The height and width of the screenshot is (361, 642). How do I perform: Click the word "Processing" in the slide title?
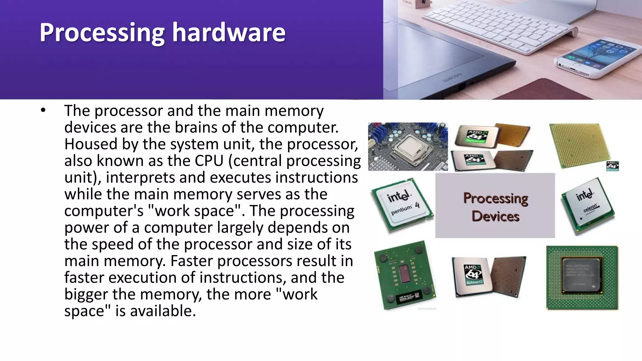point(102,33)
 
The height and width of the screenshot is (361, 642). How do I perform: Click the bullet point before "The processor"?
point(43,110)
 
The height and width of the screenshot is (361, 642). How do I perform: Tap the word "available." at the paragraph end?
point(163,311)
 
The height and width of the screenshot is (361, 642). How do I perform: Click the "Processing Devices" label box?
point(495,206)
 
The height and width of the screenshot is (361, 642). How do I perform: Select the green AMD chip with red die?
point(405,275)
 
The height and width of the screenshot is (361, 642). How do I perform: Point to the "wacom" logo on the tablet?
point(452,78)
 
